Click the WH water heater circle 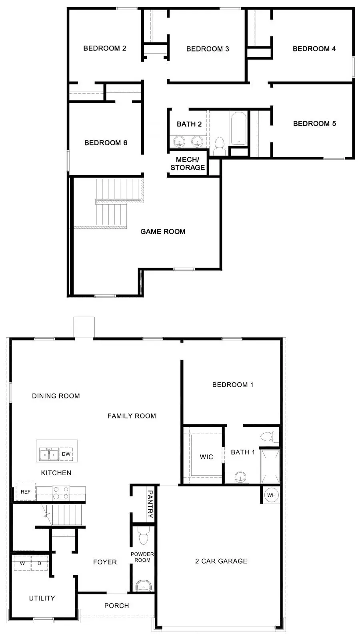(271, 495)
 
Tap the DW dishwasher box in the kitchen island (66, 454)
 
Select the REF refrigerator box (26, 492)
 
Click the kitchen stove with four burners (61, 493)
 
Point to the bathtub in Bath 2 (238, 128)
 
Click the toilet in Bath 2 (220, 145)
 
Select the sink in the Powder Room (143, 586)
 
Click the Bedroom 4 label (314, 49)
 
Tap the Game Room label (163, 231)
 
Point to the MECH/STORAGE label (188, 164)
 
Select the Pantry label (150, 504)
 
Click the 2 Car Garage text (221, 561)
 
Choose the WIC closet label (206, 457)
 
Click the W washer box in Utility (22, 563)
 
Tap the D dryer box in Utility (39, 563)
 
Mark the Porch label (116, 606)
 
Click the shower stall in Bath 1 (270, 466)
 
